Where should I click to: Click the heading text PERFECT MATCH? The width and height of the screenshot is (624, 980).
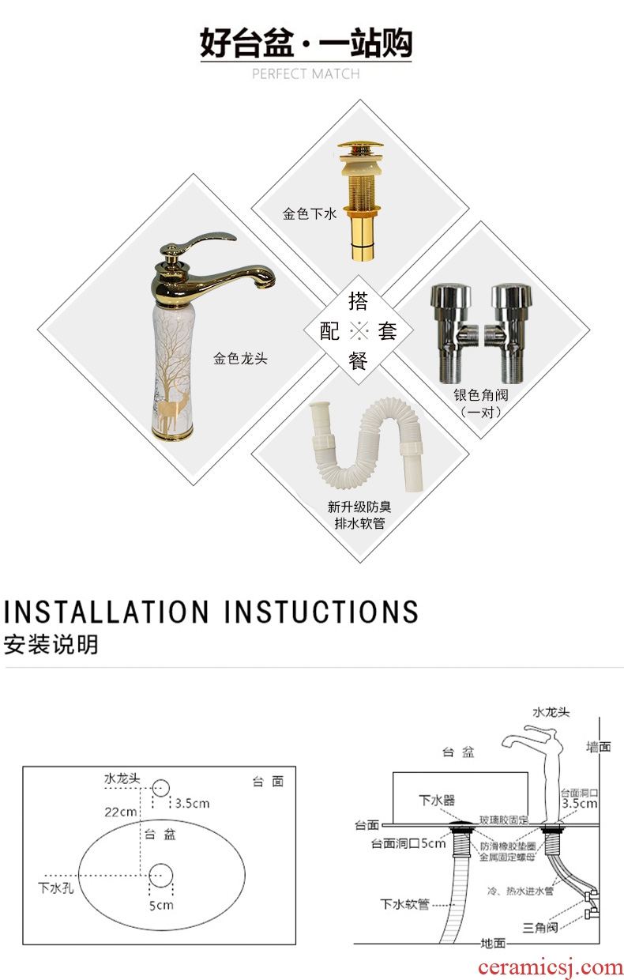(306, 74)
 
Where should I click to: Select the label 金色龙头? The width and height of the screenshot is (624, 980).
(240, 359)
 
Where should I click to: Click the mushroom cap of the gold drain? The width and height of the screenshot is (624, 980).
(360, 145)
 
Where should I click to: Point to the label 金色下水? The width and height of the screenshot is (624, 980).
(309, 214)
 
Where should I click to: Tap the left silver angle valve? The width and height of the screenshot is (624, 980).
(451, 334)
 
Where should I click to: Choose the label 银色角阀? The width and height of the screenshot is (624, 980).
(480, 395)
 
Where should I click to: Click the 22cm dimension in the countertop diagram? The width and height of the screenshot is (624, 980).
(120, 812)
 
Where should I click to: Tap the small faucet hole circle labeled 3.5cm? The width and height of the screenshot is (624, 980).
(161, 788)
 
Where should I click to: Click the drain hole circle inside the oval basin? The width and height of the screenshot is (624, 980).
(161, 876)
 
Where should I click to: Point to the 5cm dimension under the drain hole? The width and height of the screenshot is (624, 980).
(161, 905)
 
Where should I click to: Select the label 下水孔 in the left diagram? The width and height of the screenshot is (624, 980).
(55, 888)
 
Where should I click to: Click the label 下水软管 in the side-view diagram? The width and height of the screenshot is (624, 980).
(404, 904)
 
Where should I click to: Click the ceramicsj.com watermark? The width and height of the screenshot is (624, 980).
(550, 967)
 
